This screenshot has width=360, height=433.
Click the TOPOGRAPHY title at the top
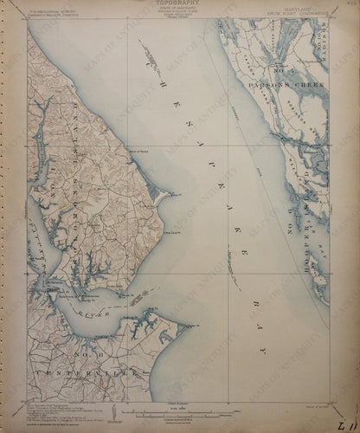180,4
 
